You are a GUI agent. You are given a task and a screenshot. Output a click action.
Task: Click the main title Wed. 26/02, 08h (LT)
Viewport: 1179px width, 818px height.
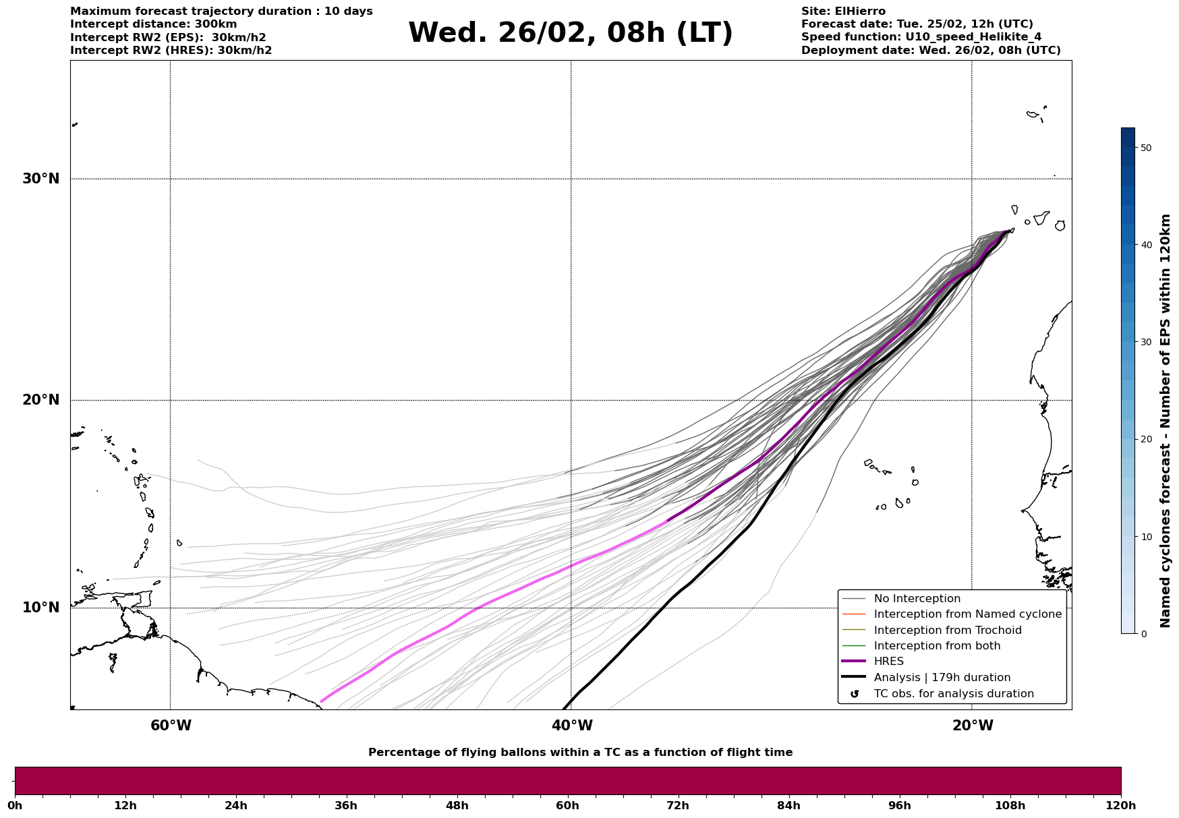[x=570, y=33]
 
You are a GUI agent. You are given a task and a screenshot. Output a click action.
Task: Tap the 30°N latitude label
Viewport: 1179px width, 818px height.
[x=40, y=179]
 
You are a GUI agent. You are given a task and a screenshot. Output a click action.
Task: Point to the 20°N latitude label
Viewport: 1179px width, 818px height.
[x=40, y=400]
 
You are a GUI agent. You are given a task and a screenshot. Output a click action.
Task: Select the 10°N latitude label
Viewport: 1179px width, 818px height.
[x=40, y=608]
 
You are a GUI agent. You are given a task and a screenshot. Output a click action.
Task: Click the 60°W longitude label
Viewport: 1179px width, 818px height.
[x=171, y=726]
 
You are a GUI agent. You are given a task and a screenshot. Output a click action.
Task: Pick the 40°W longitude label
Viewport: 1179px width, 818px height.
[x=572, y=726]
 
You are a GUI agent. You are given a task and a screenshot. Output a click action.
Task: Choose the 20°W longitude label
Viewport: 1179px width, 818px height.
[x=973, y=726]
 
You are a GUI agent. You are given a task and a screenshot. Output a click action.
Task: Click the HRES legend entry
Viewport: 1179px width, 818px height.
[x=888, y=662]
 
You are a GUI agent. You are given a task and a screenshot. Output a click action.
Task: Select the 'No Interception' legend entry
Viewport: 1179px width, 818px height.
[x=917, y=599]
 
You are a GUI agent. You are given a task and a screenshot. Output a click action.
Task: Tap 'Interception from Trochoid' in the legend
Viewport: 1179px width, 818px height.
[x=947, y=631]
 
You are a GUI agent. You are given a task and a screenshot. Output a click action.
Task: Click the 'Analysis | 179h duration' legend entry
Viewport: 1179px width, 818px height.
[x=942, y=678]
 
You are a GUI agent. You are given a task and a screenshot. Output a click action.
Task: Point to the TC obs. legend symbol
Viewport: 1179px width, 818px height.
[x=855, y=694]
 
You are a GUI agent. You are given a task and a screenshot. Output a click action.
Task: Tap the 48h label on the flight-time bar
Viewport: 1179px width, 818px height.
[x=457, y=805]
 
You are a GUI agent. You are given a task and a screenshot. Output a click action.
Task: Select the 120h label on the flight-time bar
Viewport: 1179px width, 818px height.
[x=1121, y=805]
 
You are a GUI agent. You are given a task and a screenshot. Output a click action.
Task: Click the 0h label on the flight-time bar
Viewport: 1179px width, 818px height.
[x=16, y=805]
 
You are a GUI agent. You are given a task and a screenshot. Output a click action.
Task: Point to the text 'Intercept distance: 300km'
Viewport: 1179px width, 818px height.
[x=153, y=24]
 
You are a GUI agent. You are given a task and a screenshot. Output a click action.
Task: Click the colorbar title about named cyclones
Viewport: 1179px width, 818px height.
[x=1165, y=421]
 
